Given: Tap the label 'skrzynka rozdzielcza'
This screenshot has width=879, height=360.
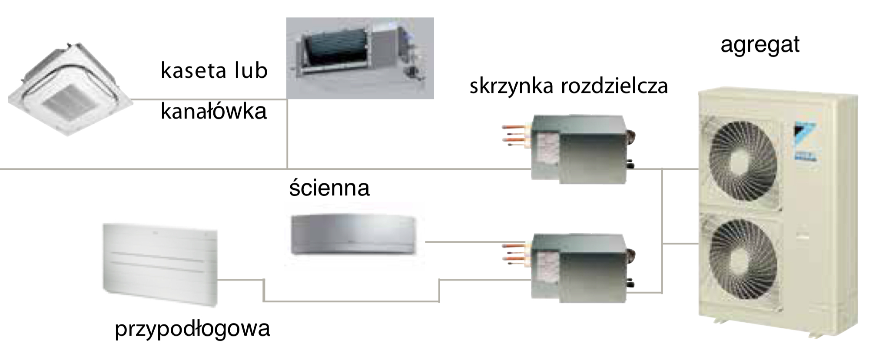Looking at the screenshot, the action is [x=569, y=86].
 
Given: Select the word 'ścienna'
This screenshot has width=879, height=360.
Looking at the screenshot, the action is [x=329, y=187].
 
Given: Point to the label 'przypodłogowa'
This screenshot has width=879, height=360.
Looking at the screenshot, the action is [x=192, y=328].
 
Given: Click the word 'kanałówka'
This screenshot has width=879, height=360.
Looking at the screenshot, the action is [x=214, y=111].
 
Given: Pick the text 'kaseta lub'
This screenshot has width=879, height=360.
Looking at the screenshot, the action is [x=214, y=70].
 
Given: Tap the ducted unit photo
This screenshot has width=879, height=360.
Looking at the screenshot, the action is [x=360, y=58].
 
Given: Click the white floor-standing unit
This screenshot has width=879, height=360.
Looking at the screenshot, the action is [x=160, y=265].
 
